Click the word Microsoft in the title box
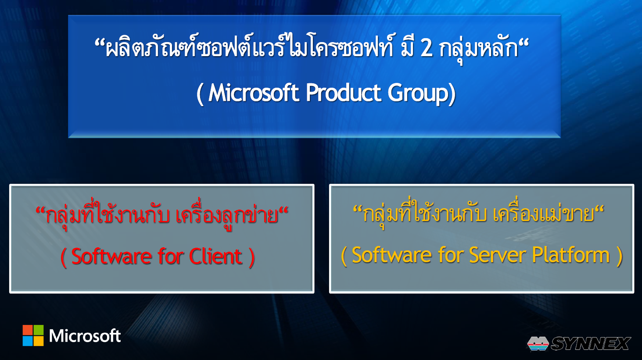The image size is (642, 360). point(254,93)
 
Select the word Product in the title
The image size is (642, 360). point(343,93)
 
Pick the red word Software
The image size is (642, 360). point(111,256)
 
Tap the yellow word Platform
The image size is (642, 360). point(571,255)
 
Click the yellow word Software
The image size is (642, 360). point(392,255)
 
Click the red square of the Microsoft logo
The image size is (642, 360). point(28,330)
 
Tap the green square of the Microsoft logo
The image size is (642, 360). point(39,330)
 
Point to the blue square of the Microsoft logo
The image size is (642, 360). point(28,341)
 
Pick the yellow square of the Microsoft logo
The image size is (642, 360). point(39,341)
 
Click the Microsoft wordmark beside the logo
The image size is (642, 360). point(85,335)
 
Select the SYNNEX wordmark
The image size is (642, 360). point(590,343)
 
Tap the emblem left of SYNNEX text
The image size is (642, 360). point(538,343)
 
